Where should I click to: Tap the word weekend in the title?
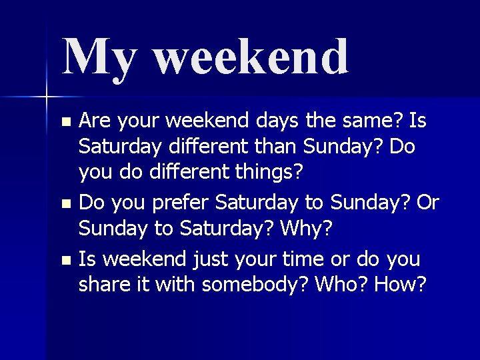[251, 57]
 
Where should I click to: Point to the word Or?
[428, 203]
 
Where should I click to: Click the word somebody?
[255, 284]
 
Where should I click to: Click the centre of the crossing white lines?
[47, 97]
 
